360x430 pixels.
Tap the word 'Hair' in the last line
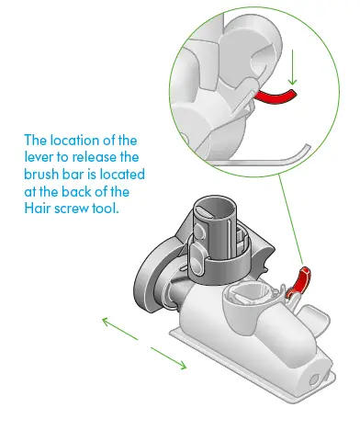(37, 207)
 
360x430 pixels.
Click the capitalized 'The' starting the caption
(38, 141)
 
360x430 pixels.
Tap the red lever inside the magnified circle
(276, 96)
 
